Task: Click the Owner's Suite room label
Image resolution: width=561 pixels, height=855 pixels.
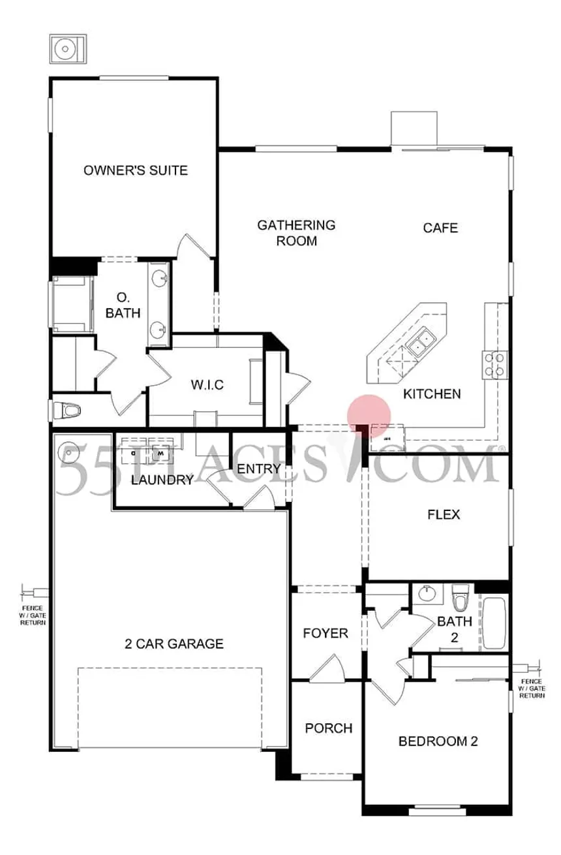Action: tap(136, 171)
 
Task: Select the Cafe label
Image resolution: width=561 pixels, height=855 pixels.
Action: tap(440, 228)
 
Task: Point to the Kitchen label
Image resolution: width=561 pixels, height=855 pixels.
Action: tap(432, 394)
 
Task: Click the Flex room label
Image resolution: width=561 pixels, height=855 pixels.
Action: tap(444, 515)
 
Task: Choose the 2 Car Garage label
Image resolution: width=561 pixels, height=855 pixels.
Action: tap(174, 644)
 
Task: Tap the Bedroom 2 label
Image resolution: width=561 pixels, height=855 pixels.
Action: tap(438, 741)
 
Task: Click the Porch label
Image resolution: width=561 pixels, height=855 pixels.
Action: tap(329, 728)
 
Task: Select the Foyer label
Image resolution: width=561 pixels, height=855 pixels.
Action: tap(326, 633)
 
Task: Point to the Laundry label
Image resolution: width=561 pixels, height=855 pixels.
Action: tap(162, 481)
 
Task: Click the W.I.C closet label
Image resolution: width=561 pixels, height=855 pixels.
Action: tap(207, 385)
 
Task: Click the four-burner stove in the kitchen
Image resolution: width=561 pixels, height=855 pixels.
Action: tap(494, 364)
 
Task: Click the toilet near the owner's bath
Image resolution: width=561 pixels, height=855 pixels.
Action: tap(67, 411)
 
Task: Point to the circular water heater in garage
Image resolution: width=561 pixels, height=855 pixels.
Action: tap(68, 451)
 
